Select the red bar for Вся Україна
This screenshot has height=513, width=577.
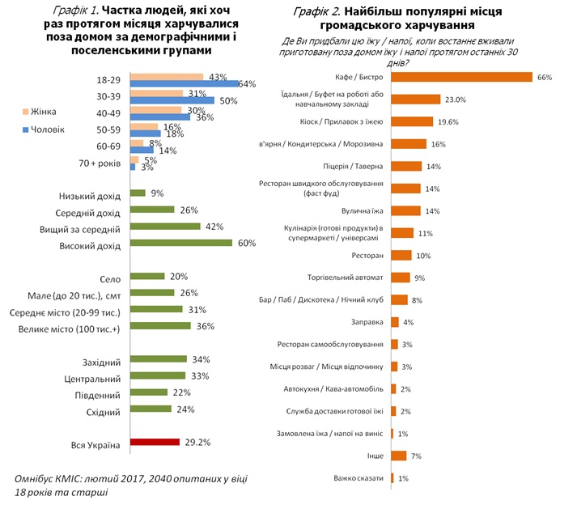(154, 443)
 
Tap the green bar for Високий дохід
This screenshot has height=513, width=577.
(180, 242)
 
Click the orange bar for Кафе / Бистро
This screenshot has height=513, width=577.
(461, 77)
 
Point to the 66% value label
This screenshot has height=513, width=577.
(544, 77)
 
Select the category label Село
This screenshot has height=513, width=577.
(108, 277)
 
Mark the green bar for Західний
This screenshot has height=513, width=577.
(158, 359)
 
